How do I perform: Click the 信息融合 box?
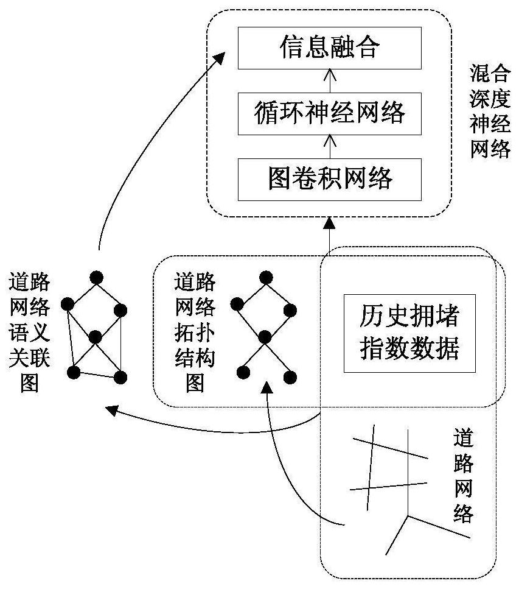click(329, 48)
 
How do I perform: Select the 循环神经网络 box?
click(329, 113)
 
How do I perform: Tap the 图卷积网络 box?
click(329, 178)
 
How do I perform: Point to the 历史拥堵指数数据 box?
click(409, 333)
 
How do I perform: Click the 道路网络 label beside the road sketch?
click(464, 475)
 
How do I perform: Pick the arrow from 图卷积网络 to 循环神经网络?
click(329, 146)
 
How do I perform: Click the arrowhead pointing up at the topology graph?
click(266, 387)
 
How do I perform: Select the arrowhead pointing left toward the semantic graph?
click(111, 410)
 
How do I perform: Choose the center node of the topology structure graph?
click(265, 336)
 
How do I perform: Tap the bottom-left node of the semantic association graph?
click(74, 372)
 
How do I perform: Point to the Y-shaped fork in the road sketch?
click(407, 517)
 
